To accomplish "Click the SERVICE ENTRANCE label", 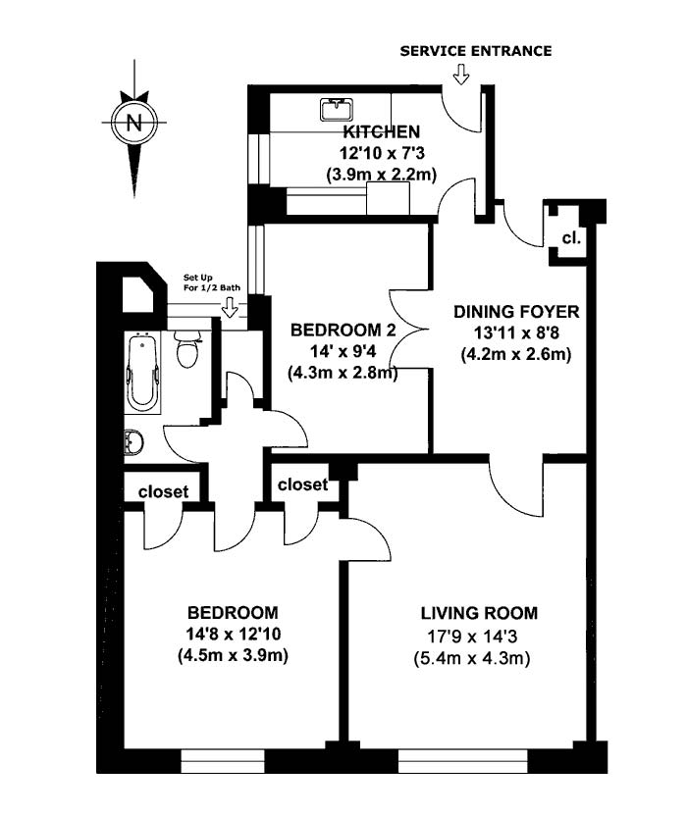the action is (x=475, y=51).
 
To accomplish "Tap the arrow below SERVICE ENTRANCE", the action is (x=461, y=76).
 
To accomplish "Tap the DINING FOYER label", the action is (x=516, y=312).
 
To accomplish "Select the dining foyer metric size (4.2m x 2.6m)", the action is (x=516, y=354).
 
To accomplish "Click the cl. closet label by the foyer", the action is (x=570, y=238).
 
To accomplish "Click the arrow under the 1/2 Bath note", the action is (x=232, y=309).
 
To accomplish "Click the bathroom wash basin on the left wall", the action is (x=132, y=444).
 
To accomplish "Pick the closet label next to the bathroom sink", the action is (x=163, y=492).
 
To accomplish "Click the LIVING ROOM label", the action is (x=479, y=614).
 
